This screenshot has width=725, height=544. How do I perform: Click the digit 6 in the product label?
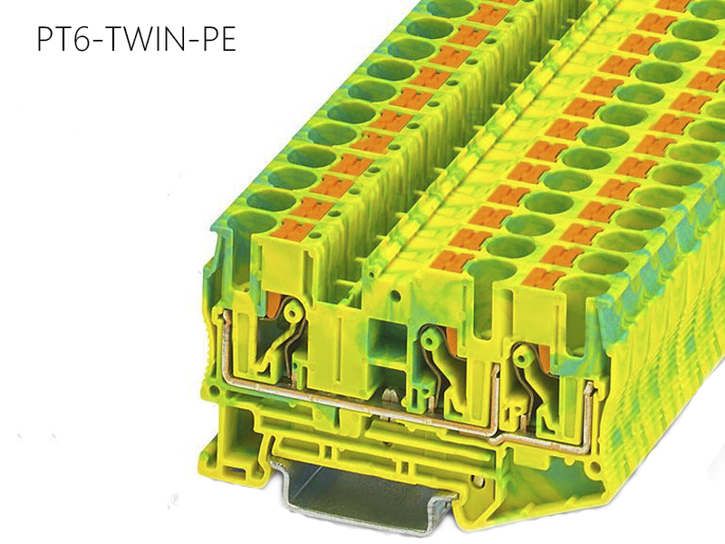[75, 41]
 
